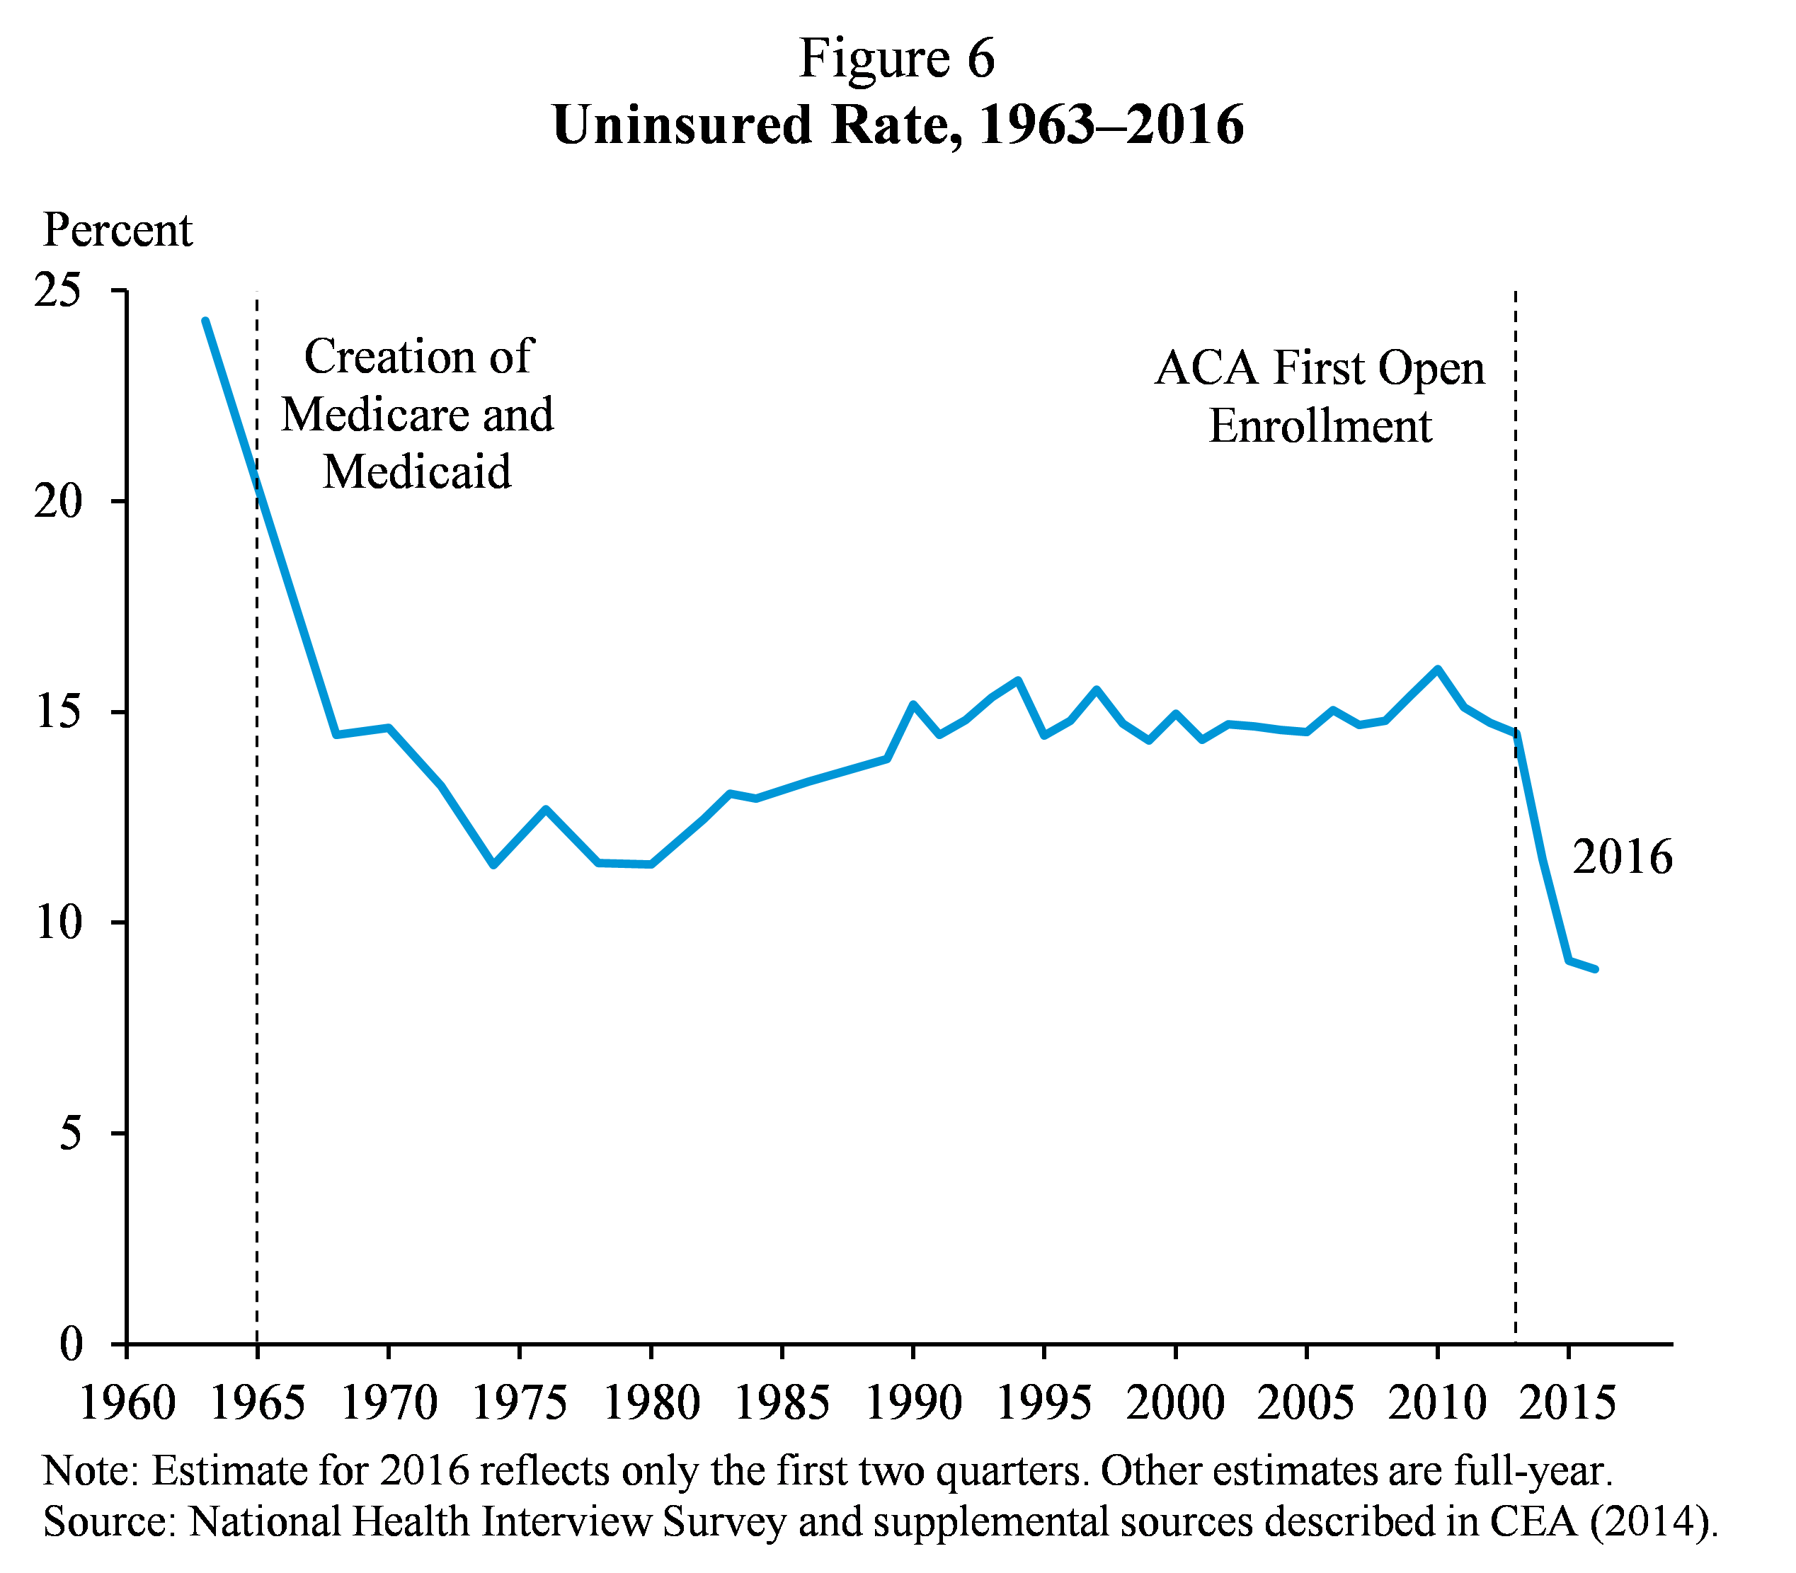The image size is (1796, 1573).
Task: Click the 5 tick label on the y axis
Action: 69,1133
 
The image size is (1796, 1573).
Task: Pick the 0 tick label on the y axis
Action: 70,1344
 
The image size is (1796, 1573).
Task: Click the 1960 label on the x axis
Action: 127,1402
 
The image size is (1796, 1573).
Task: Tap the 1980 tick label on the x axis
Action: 651,1402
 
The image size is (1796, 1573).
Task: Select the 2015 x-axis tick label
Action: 1568,1402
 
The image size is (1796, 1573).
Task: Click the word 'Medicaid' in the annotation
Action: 417,471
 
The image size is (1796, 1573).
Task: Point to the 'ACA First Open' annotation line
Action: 1320,368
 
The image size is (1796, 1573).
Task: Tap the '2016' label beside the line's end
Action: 1622,857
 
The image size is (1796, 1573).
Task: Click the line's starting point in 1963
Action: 205,321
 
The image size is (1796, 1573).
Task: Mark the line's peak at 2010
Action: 1437,669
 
